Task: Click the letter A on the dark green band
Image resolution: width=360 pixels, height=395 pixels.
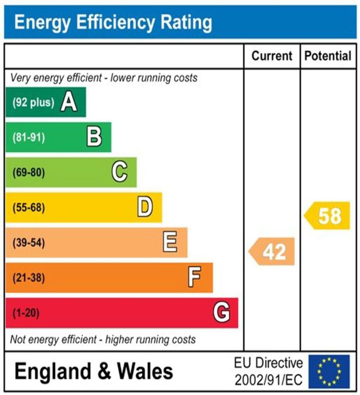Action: [x=69, y=103]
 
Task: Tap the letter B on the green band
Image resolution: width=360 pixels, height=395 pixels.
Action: [x=94, y=137]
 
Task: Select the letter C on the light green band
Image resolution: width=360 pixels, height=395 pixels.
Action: [x=120, y=172]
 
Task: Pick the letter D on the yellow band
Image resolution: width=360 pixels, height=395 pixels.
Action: [x=145, y=208]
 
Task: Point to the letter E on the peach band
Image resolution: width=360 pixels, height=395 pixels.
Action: [x=170, y=243]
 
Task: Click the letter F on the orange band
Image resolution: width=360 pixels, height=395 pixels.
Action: [x=195, y=277]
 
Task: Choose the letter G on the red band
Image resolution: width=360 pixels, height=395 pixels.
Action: [x=222, y=312]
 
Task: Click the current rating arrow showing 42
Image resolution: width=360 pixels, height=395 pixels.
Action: [x=272, y=252]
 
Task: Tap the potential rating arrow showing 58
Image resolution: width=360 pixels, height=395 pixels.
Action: [x=328, y=216]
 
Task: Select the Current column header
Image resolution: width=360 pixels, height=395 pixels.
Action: [x=272, y=56]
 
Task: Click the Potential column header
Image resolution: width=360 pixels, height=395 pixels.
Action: [x=328, y=56]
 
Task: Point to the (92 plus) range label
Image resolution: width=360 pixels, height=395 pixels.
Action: [x=33, y=103]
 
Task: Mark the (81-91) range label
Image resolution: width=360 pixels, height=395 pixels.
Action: [x=29, y=138]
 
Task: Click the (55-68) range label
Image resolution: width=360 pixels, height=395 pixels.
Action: [x=29, y=208]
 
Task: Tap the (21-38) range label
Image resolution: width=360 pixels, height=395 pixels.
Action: [x=29, y=278]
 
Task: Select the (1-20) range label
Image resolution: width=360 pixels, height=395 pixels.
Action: [x=26, y=313]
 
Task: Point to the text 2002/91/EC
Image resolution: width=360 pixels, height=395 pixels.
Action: [x=269, y=380]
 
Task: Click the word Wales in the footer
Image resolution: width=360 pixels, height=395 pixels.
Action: [x=145, y=371]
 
